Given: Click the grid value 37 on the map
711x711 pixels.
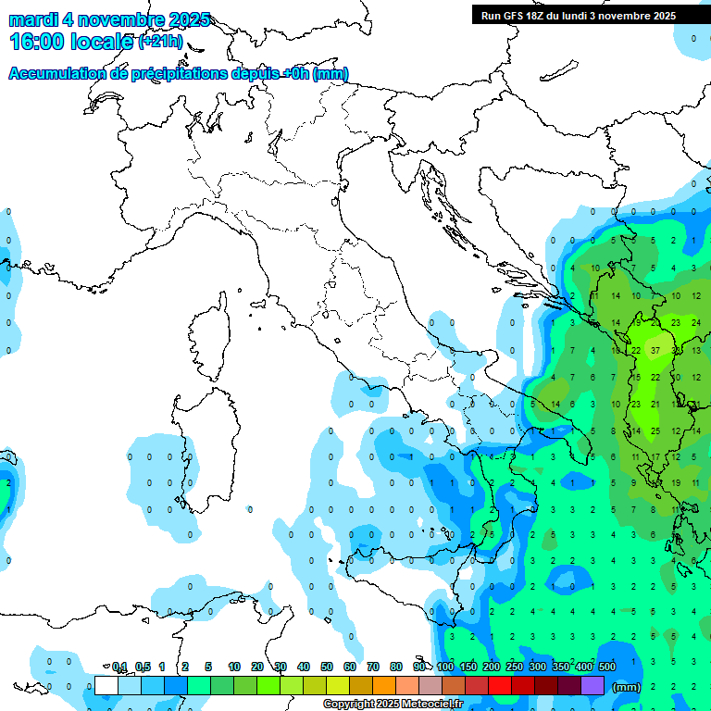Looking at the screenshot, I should [x=655, y=351].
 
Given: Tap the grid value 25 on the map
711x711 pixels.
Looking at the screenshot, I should [x=655, y=431].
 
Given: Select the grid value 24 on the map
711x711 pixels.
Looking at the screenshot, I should [x=695, y=323].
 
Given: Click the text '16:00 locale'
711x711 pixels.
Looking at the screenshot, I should [x=71, y=42].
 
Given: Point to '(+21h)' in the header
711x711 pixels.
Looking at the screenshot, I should [x=160, y=42].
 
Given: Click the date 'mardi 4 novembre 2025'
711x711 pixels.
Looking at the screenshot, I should [x=109, y=19].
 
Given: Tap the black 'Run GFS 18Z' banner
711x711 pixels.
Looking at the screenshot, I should [x=578, y=15].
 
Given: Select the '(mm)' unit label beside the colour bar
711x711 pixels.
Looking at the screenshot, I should [x=627, y=687].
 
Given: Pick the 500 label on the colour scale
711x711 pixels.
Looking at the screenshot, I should [x=607, y=667].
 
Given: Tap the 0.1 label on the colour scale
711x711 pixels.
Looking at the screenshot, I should [x=119, y=667].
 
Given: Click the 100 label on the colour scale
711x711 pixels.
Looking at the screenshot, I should [x=445, y=667].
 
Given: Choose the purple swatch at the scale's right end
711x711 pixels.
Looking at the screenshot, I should [x=592, y=685].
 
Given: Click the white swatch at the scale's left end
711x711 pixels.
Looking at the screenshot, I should [x=106, y=685].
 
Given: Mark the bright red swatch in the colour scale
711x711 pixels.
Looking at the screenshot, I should [x=500, y=685].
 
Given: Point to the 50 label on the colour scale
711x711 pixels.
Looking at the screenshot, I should [x=327, y=667].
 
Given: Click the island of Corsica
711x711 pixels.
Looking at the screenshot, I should [x=209, y=333].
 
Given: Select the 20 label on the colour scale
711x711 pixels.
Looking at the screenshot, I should [x=257, y=667].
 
